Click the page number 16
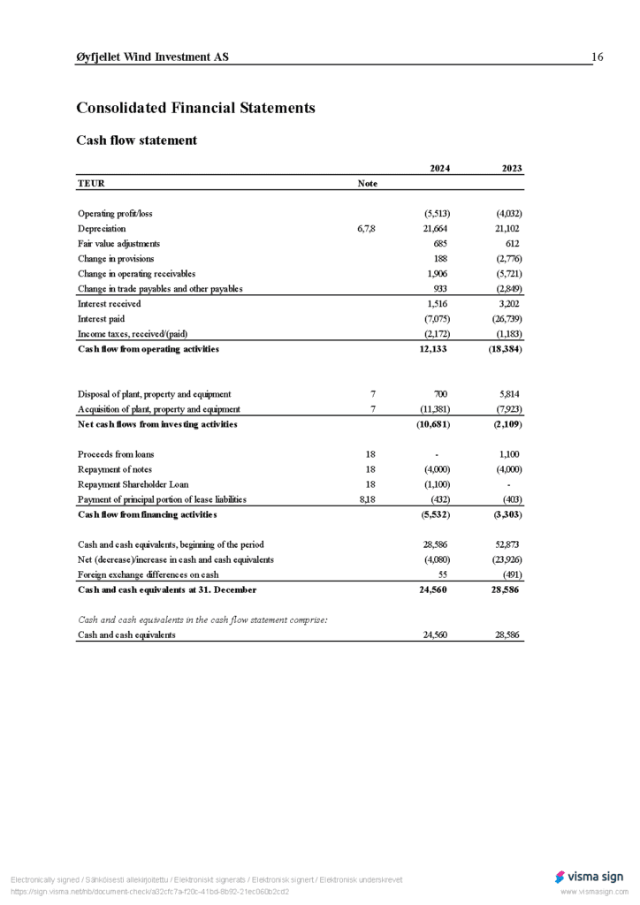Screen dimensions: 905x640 [598, 57]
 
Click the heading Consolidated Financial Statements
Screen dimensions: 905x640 [195, 108]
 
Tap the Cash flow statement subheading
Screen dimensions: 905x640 [136, 141]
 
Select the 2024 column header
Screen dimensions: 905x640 [439, 169]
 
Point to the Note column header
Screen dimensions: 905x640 [367, 184]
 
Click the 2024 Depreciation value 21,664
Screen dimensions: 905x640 [438, 229]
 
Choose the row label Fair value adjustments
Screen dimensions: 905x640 [118, 244]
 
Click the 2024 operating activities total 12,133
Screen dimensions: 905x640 [436, 349]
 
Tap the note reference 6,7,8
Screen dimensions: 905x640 [367, 229]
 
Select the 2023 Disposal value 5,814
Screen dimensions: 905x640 [508, 394]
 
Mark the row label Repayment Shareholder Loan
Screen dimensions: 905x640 [133, 484]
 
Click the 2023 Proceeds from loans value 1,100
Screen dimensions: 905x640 [509, 454]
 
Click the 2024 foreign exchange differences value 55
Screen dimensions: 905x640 [446, 574]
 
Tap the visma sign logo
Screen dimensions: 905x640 [590, 877]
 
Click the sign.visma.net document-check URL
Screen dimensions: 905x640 [149, 892]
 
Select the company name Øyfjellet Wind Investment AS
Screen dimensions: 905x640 [152, 57]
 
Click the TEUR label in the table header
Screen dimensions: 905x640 [91, 184]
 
